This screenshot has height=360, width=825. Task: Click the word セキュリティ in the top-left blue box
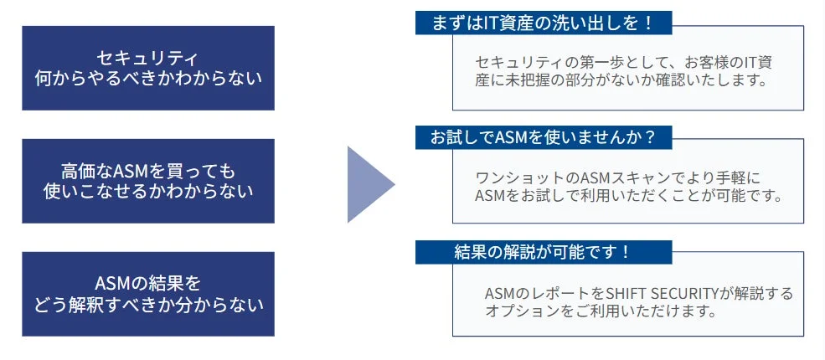coord(147,58)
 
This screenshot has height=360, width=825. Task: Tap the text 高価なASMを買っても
coord(147,171)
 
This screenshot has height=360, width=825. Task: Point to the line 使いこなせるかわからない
coord(147,191)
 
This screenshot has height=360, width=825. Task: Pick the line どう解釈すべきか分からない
coord(147,304)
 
